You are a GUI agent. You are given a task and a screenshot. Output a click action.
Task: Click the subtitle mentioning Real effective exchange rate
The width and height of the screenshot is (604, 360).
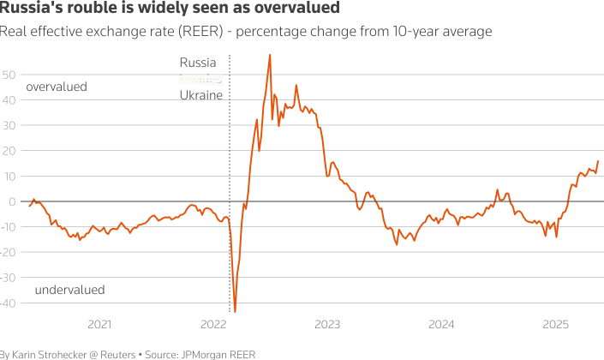coord(246,32)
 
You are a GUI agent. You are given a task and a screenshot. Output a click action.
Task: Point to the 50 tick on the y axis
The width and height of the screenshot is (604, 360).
coord(8,75)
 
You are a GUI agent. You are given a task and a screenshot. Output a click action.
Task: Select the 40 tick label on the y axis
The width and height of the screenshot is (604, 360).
coord(8,100)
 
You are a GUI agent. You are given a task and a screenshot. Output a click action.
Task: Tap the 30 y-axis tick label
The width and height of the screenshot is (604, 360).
coord(8,125)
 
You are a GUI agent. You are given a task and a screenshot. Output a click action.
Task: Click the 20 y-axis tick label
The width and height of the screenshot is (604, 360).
coord(8,151)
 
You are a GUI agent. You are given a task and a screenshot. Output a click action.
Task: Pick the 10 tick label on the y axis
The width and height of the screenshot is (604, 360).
coord(8,177)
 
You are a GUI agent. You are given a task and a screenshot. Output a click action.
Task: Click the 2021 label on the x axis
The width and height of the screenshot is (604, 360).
coord(99,324)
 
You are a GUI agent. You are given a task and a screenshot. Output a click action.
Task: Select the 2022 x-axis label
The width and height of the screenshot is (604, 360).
coord(213,324)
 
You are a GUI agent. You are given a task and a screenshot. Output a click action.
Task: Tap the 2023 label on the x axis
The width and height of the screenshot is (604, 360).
coord(327,324)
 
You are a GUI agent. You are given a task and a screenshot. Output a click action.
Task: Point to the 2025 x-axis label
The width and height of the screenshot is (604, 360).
coord(556,324)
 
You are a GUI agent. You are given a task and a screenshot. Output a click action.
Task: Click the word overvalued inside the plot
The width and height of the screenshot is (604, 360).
coord(57,87)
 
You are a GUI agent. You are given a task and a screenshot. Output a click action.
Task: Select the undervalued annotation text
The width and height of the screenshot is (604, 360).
coord(69,290)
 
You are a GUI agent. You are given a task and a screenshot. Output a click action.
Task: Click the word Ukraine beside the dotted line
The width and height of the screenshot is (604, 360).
coord(201,94)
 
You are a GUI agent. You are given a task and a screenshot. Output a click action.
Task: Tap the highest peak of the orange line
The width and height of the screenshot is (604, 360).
coord(270,55)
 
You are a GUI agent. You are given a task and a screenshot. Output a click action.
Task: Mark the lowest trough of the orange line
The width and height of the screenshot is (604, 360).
coord(235,312)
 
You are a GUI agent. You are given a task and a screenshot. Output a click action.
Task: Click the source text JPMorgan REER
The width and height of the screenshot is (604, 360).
coord(218,354)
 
